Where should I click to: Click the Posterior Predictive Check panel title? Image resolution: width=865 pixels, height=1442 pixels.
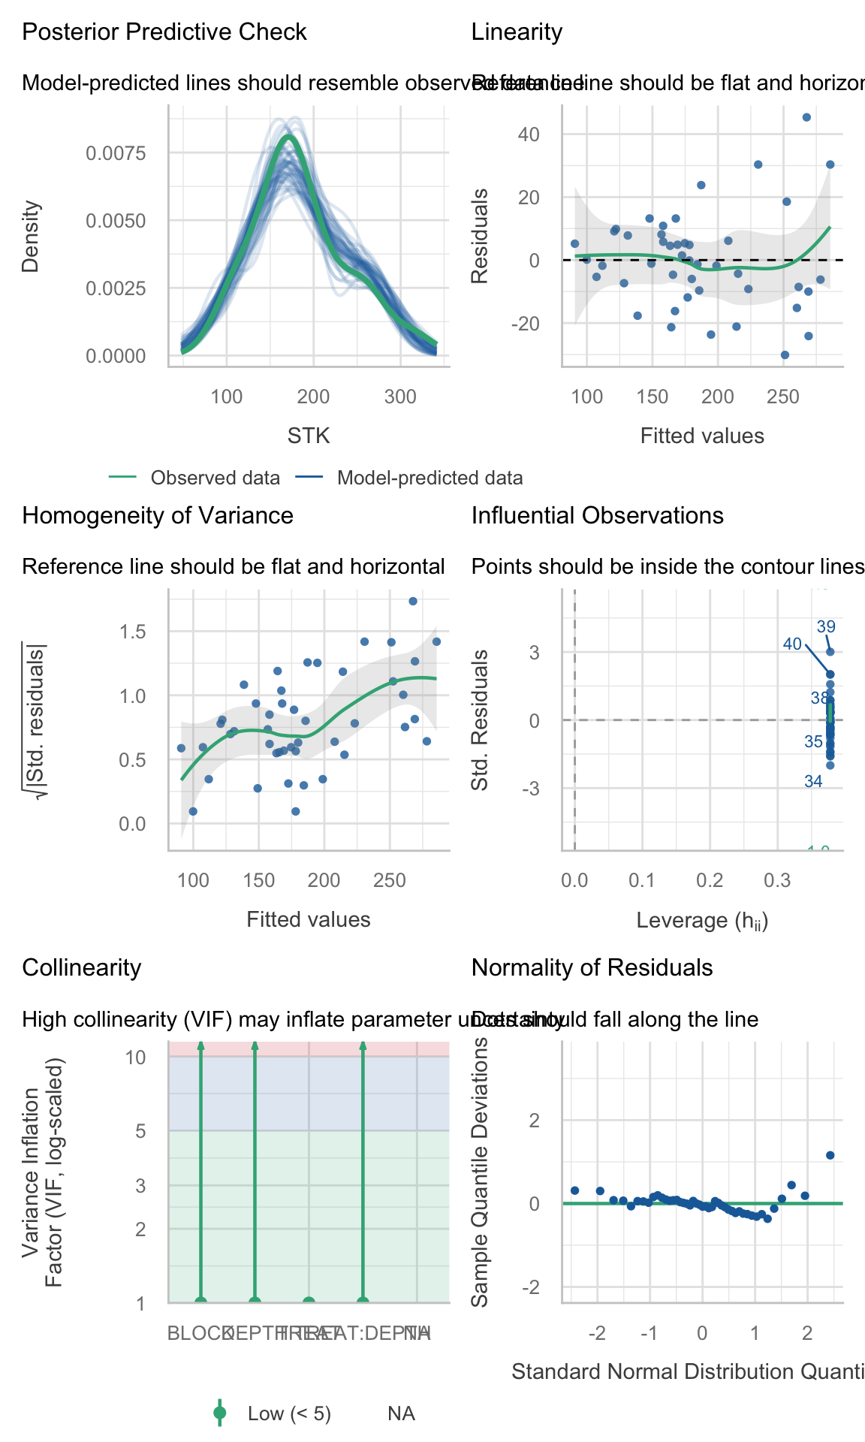[x=164, y=32]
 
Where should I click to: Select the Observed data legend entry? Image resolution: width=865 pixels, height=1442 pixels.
[x=215, y=478]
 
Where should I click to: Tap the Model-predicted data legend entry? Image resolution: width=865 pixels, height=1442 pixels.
[x=429, y=478]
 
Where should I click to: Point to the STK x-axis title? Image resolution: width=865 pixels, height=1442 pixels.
[x=309, y=436]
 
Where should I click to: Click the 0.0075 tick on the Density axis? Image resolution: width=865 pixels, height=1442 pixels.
[x=116, y=154]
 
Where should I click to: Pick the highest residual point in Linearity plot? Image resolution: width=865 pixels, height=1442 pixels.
[x=806, y=117]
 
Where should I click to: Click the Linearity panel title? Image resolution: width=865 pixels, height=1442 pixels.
[x=517, y=32]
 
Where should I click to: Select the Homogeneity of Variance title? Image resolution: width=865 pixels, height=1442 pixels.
[x=158, y=516]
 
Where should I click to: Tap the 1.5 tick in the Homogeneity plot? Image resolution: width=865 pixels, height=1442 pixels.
[x=132, y=632]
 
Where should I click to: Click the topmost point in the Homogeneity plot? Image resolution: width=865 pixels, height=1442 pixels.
[x=412, y=602]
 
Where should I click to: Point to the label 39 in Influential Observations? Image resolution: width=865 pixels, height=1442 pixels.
[x=826, y=627]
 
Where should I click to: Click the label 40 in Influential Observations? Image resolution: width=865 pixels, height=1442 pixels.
[x=792, y=644]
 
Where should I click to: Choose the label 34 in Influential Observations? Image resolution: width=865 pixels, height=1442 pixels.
[x=813, y=782]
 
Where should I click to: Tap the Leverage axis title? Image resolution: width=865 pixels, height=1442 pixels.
[x=702, y=921]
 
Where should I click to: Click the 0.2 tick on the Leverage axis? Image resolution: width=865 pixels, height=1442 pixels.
[x=710, y=880]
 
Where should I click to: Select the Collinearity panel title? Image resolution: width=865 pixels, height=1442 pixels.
[x=82, y=968]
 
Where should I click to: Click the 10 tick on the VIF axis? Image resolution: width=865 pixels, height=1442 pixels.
[x=135, y=1057]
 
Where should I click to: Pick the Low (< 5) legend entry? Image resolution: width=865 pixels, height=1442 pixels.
[x=289, y=1414]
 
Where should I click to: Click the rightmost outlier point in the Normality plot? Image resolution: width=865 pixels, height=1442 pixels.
[x=830, y=1155]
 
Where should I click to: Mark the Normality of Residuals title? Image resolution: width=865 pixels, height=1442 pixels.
[x=592, y=968]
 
